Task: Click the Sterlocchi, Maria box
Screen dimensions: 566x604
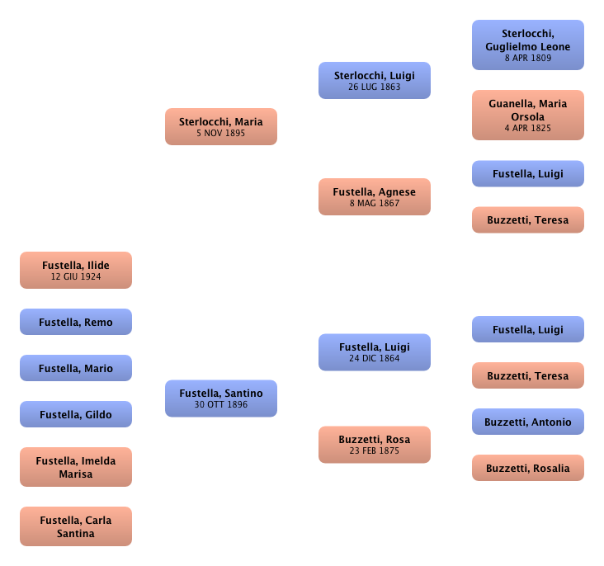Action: [220, 126]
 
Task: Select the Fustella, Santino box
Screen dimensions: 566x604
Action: [220, 399]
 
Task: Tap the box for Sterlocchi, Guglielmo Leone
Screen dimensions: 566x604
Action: [527, 45]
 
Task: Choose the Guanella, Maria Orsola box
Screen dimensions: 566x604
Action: [527, 115]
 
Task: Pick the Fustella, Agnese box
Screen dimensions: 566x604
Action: [374, 196]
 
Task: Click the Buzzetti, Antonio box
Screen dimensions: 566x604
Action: [527, 422]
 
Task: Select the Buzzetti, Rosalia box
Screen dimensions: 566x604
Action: [527, 469]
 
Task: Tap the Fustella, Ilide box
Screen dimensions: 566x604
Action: [76, 271]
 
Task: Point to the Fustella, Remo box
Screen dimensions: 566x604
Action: [76, 323]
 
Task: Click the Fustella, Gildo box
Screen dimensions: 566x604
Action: [76, 415]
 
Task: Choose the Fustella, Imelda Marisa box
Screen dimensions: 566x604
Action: [76, 467]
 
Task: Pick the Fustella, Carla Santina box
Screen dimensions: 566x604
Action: [76, 526]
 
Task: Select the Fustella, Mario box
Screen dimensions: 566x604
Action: [76, 369]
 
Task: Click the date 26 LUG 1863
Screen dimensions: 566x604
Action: [374, 87]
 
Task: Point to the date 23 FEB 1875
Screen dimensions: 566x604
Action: [374, 451]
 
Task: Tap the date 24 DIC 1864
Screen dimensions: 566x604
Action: [374, 359]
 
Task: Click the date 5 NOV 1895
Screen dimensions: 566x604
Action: [220, 133]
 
